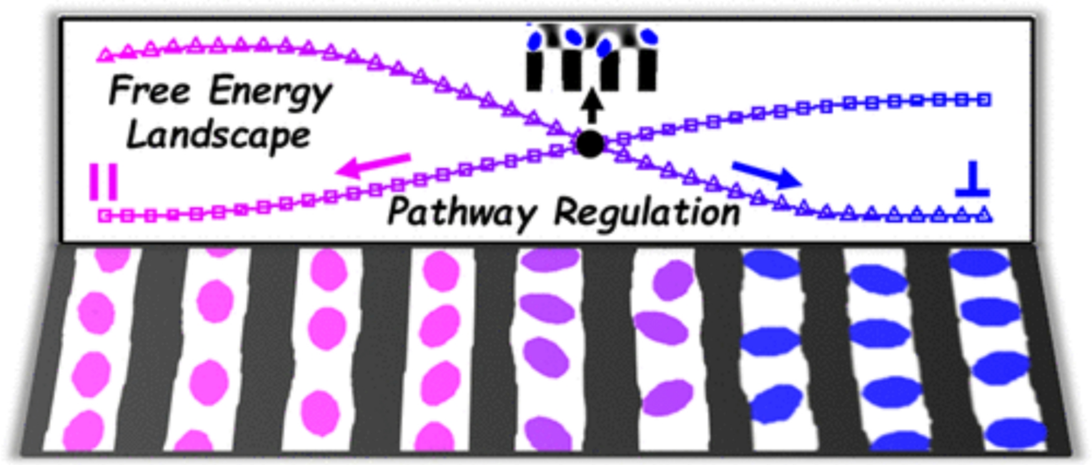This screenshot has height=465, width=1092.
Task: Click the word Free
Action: pyautogui.click(x=149, y=91)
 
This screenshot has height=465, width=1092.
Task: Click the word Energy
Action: pyautogui.click(x=270, y=92)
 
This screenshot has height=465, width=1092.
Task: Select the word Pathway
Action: pyautogui.click(x=461, y=213)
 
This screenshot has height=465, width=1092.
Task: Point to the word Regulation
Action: pyautogui.click(x=647, y=213)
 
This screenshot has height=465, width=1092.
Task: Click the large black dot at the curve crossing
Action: pyautogui.click(x=590, y=144)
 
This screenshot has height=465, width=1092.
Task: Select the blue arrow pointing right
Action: pyautogui.click(x=767, y=174)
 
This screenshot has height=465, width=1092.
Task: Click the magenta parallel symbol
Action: pyautogui.click(x=104, y=182)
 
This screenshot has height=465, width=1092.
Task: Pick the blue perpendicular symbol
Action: pyautogui.click(x=972, y=181)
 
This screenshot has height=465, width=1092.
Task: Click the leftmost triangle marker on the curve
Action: pyautogui.click(x=106, y=55)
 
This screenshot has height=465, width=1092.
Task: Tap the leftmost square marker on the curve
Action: pyautogui.click(x=105, y=216)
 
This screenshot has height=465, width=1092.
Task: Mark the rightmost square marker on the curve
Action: pyautogui.click(x=984, y=99)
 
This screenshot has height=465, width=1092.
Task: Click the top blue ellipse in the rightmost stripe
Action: pyautogui.click(x=978, y=263)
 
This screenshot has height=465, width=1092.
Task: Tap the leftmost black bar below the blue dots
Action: pyautogui.click(x=535, y=70)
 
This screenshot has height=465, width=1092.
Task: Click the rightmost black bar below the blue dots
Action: pyautogui.click(x=647, y=70)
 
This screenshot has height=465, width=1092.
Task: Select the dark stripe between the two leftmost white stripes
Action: pyautogui.click(x=150, y=350)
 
